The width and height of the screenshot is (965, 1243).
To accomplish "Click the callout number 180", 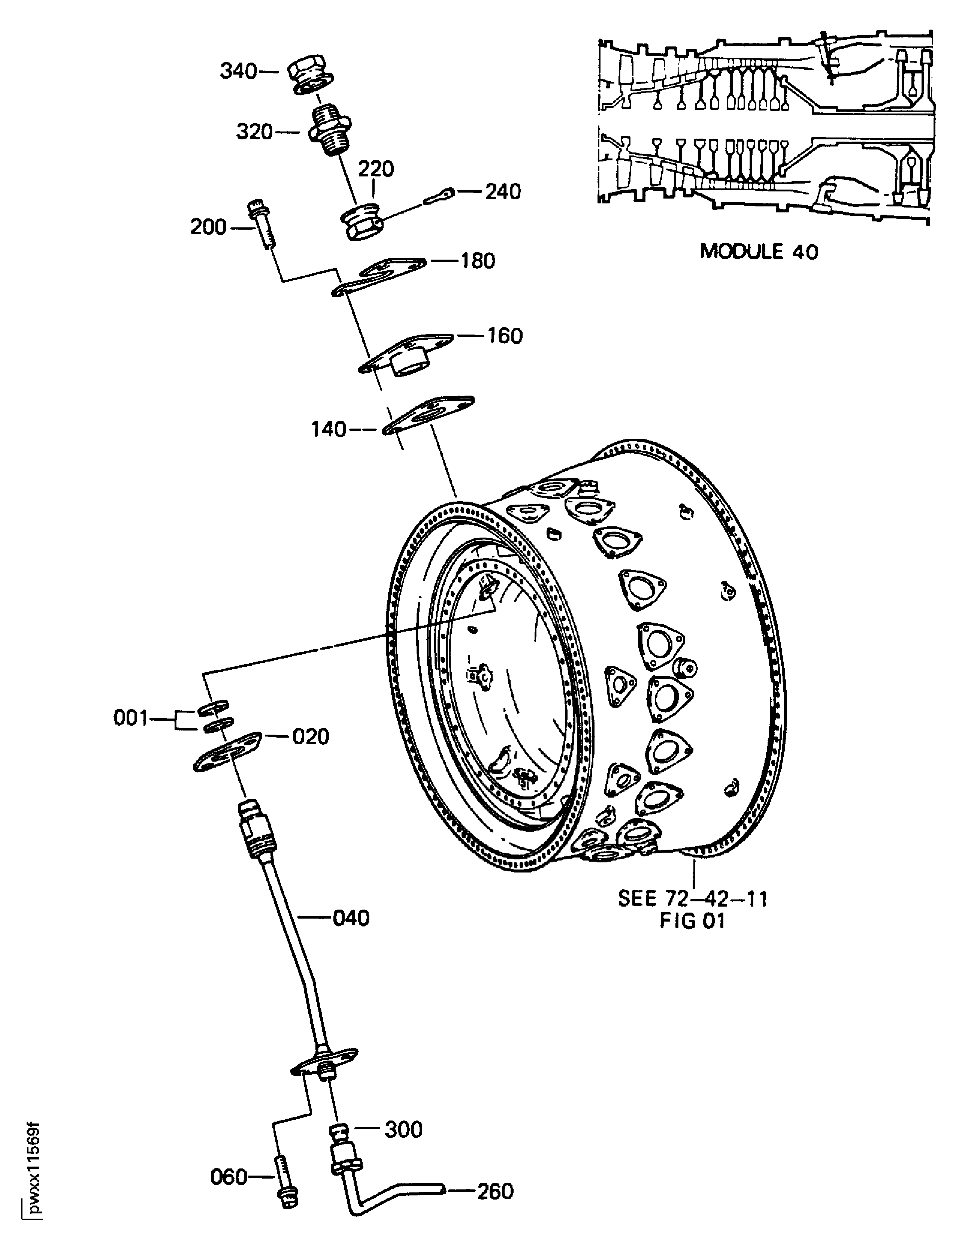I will (x=477, y=261).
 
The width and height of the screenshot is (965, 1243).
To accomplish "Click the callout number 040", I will (x=351, y=918).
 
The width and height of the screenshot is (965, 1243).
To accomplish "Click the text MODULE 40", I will (x=759, y=251).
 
